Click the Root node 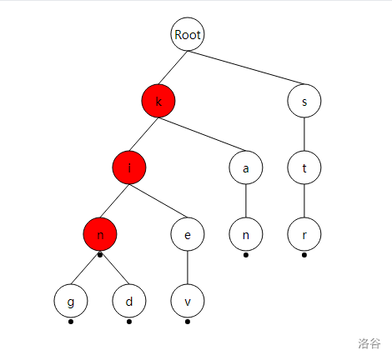pyautogui.click(x=188, y=34)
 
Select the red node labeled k pyautogui.click(x=158, y=101)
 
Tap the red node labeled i pyautogui.click(x=129, y=167)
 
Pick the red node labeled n pyautogui.click(x=100, y=234)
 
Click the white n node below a pyautogui.click(x=246, y=234)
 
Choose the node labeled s pyautogui.click(x=304, y=101)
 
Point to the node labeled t pyautogui.click(x=304, y=167)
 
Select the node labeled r pyautogui.click(x=304, y=234)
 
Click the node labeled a pyautogui.click(x=246, y=167)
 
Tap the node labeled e pyautogui.click(x=188, y=234)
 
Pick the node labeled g pyautogui.click(x=71, y=301)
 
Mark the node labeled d pyautogui.click(x=129, y=301)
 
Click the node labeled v pyautogui.click(x=188, y=301)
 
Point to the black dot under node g pyautogui.click(x=71, y=322)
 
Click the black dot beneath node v pyautogui.click(x=188, y=322)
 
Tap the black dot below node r pyautogui.click(x=304, y=255)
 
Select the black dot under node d pyautogui.click(x=129, y=322)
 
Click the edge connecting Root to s pyautogui.click(x=246, y=67)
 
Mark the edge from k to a pyautogui.click(x=202, y=134)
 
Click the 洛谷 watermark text pyautogui.click(x=369, y=343)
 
